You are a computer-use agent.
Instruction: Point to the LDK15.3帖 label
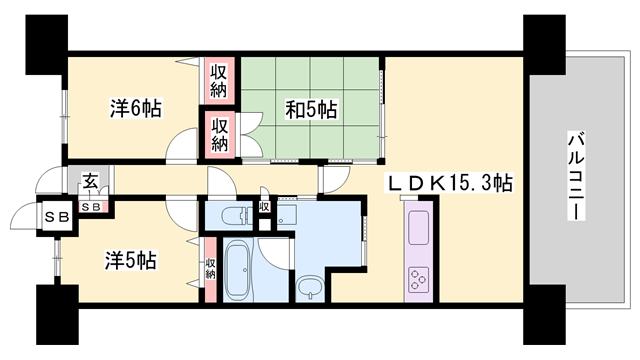point(451,184)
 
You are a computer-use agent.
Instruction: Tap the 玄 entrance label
point(90,182)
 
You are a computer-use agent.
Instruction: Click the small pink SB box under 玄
point(91,207)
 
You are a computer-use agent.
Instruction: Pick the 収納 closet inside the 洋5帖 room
point(211,267)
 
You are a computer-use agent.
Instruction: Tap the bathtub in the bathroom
point(236,270)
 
